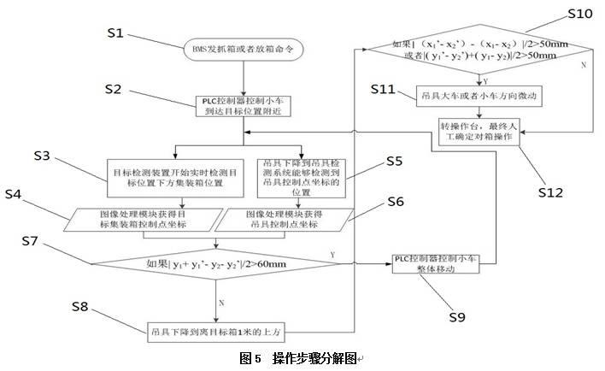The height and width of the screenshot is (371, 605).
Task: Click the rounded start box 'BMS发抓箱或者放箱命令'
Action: [244, 50]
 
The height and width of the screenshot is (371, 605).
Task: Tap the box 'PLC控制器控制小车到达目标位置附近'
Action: [244, 105]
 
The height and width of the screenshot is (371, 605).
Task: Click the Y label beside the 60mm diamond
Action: [331, 254]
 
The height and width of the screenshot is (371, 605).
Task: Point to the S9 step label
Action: [457, 317]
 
